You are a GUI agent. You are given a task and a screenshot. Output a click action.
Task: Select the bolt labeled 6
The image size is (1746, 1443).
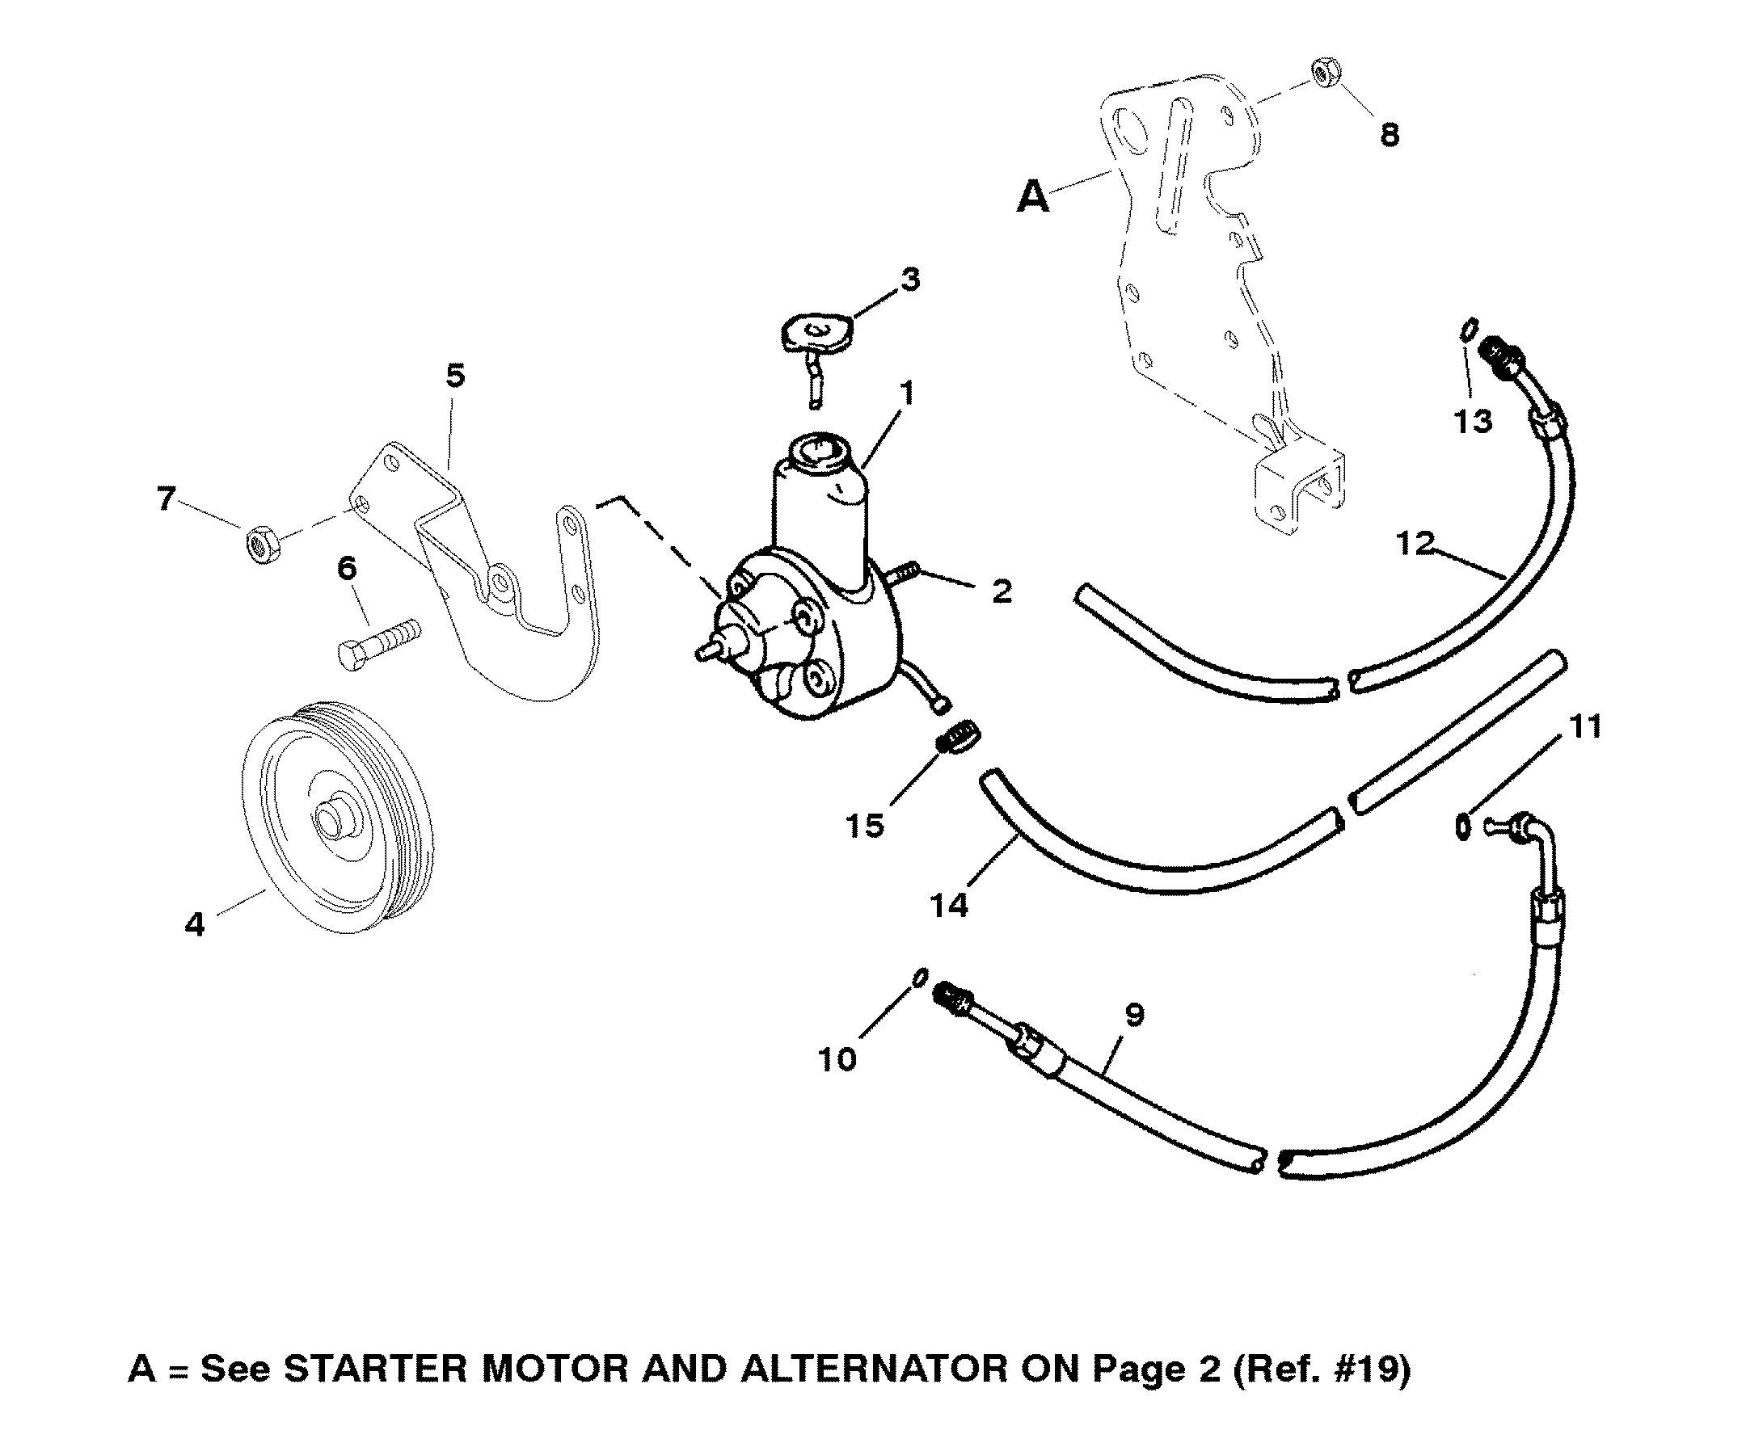[x=379, y=642]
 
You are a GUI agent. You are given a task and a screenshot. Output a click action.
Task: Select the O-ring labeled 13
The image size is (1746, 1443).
[x=1468, y=330]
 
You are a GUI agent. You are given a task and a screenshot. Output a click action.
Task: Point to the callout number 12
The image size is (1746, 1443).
[x=1416, y=544]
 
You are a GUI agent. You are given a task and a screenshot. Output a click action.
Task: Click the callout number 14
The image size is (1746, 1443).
[x=950, y=905]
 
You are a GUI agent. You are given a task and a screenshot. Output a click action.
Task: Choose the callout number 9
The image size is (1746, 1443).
[x=1134, y=1015]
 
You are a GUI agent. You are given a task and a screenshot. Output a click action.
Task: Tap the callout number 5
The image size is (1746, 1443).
[x=455, y=376]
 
